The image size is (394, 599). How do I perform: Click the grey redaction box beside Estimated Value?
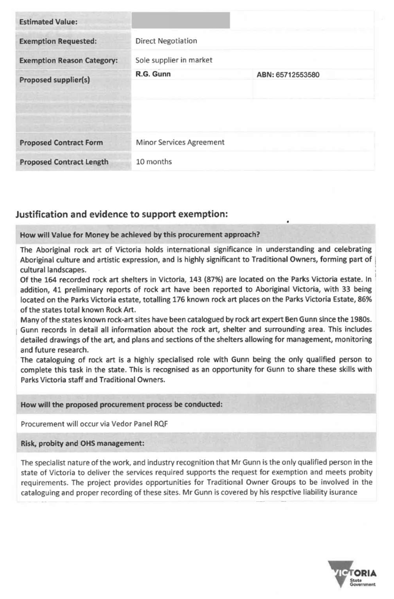click(180, 20)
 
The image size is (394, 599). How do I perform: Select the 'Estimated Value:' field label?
click(48, 22)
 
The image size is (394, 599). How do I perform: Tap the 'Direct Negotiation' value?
click(166, 41)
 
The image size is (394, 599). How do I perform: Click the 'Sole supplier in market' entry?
click(174, 60)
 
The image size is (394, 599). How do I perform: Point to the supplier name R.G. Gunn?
click(153, 74)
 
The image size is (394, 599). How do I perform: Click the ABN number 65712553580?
click(297, 75)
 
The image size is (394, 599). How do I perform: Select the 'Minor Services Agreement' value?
click(180, 142)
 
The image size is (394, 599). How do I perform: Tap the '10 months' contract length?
click(154, 162)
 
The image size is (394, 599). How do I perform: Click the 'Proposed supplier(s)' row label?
click(55, 80)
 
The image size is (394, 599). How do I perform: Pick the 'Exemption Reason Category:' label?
click(68, 60)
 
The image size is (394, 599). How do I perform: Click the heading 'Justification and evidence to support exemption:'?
click(122, 214)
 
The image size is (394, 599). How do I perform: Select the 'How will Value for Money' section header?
click(140, 235)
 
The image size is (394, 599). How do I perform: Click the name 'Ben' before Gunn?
click(291, 320)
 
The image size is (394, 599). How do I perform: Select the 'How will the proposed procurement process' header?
click(122, 405)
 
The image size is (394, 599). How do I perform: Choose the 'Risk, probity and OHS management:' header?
click(82, 444)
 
